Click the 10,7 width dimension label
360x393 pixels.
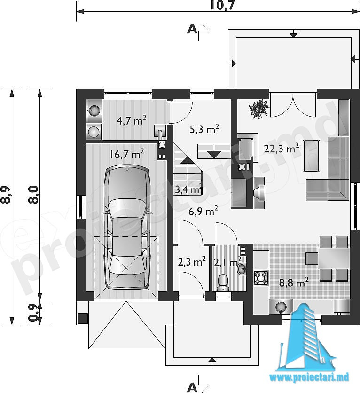[x=223, y=5]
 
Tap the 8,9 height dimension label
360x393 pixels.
[x=6, y=195]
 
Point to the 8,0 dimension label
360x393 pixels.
[x=33, y=194]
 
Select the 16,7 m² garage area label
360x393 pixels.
[x=127, y=153]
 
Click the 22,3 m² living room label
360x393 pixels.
[x=282, y=148]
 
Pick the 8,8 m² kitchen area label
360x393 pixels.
[x=294, y=282]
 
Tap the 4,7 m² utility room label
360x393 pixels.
[x=132, y=120]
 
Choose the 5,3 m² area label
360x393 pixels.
[x=204, y=129]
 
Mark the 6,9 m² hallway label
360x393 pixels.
[x=203, y=211]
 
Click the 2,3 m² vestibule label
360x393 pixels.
[x=192, y=261]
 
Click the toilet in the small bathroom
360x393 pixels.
[x=223, y=283]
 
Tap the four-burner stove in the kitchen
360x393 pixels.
[x=261, y=278]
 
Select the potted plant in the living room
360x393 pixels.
[x=259, y=109]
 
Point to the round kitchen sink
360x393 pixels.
[x=281, y=307]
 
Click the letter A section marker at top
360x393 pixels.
[x=192, y=30]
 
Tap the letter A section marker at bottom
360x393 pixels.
[x=192, y=387]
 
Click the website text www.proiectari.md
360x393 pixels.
[x=309, y=377]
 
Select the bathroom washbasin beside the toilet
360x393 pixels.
[x=242, y=269]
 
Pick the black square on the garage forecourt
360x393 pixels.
[x=82, y=319]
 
